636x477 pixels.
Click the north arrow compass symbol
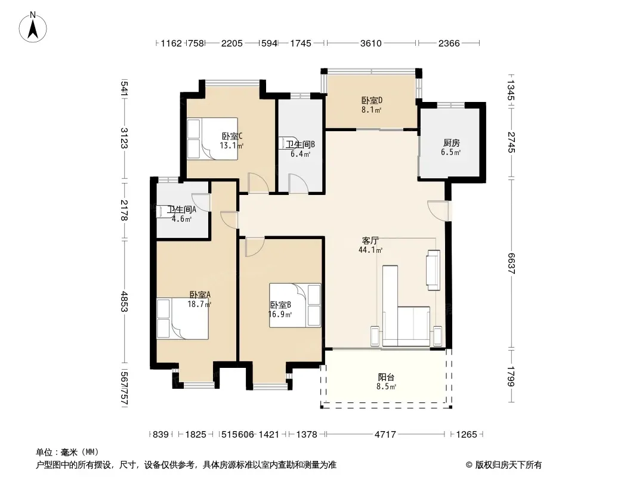[x=33, y=27]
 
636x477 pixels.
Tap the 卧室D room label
[x=372, y=100]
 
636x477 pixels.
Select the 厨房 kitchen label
[x=452, y=143]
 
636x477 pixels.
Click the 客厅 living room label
[x=370, y=241]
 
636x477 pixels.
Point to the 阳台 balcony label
[x=386, y=377]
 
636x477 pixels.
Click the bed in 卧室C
[x=212, y=138]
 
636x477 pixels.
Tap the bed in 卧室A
[x=183, y=318]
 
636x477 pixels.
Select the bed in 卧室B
[x=295, y=305]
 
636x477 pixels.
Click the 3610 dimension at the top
[x=371, y=43]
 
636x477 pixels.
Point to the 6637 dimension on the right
[x=511, y=264]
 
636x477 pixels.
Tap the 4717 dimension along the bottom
[x=385, y=435]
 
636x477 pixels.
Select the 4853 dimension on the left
[x=124, y=302]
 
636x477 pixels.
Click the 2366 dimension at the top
[x=449, y=43]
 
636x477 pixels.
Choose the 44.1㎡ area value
[x=371, y=250]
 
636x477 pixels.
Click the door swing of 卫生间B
[x=299, y=183]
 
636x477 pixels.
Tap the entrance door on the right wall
[x=439, y=210]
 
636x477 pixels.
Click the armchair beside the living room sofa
[x=433, y=270]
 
